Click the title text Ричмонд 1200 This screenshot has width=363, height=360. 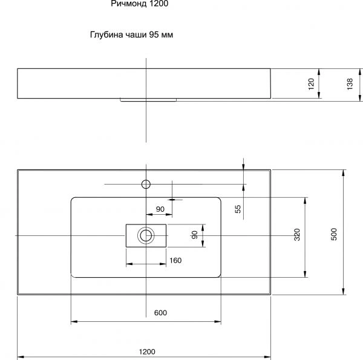(x=140, y=4)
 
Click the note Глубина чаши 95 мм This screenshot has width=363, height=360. (x=131, y=34)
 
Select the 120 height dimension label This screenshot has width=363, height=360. (x=311, y=84)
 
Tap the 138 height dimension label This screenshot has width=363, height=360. (x=350, y=84)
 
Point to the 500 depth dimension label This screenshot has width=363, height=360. (x=334, y=234)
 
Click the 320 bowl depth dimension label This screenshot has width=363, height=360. (x=297, y=234)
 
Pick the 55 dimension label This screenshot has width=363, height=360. (x=238, y=209)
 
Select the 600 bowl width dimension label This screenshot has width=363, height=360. (x=160, y=313)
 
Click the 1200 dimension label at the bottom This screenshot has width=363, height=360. (x=147, y=352)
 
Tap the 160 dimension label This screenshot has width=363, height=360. (x=175, y=260)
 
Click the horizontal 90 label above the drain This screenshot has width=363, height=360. (x=160, y=209)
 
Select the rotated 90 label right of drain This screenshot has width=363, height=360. (x=195, y=235)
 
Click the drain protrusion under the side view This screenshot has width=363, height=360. (x=148, y=100)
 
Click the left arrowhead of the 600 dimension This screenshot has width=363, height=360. (x=74, y=321)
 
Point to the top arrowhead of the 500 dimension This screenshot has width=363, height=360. (x=343, y=173)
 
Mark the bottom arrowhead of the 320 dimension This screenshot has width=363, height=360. (x=305, y=274)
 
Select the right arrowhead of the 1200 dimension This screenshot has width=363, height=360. (x=267, y=357)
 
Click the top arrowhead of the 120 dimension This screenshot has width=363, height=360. (x=319, y=72)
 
